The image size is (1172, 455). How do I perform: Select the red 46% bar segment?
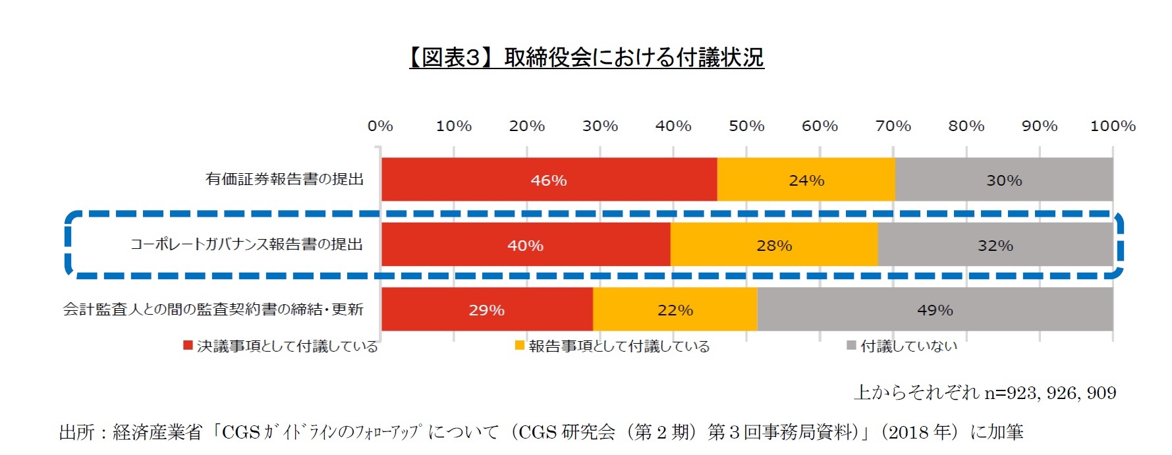point(549,180)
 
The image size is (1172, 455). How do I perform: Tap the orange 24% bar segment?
point(806,180)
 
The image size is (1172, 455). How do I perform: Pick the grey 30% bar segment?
point(1003,180)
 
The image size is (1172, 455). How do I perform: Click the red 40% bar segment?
point(525,245)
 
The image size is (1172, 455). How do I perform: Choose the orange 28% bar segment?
point(773,245)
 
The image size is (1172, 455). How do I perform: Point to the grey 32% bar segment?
point(995,245)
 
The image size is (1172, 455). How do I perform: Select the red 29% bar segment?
point(486,309)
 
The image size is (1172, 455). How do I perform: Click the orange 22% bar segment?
point(675,309)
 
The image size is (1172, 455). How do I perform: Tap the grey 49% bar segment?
point(935,309)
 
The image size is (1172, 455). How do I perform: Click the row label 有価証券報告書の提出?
point(285,179)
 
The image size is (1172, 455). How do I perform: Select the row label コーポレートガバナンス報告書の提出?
point(246,244)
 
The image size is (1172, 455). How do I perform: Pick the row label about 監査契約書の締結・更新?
point(213,309)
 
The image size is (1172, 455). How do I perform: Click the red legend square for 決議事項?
point(188,346)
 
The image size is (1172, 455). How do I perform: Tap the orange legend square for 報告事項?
point(520,346)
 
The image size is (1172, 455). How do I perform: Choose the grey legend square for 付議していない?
point(851,346)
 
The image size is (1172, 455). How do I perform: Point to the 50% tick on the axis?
point(746,126)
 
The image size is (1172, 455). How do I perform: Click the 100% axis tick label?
point(1113,126)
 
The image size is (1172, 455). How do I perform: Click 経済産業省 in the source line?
point(157,432)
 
